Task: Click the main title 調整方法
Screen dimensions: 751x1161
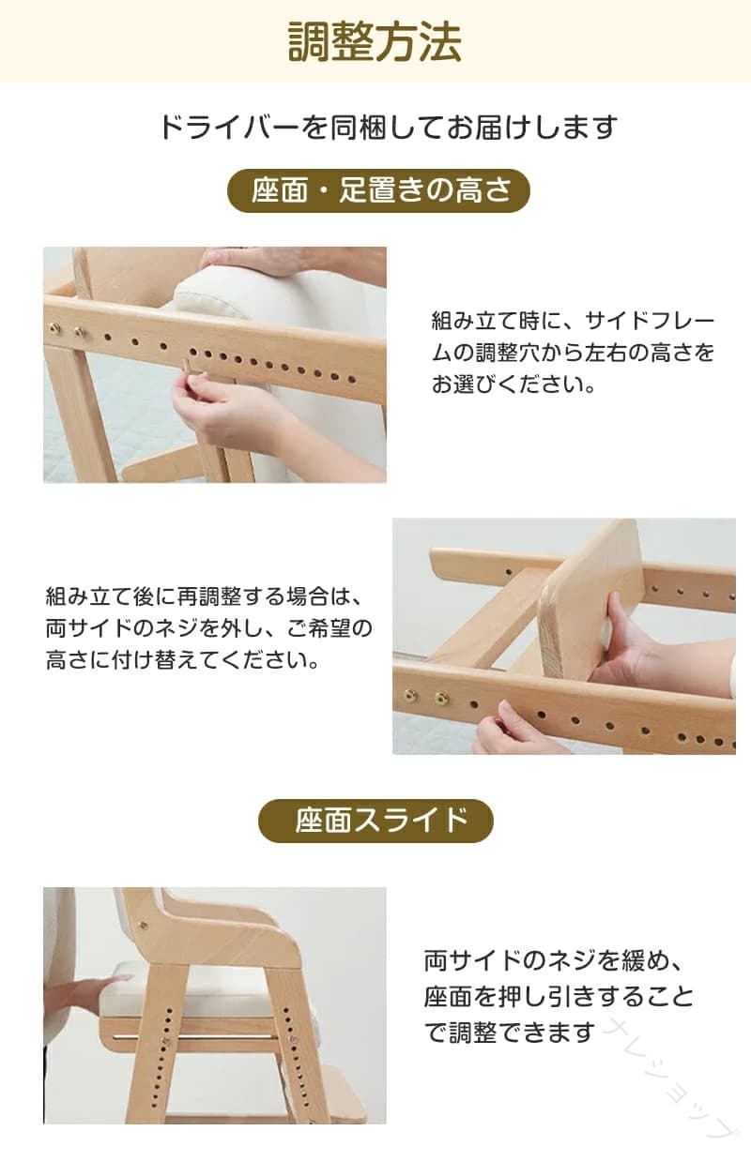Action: click(375, 41)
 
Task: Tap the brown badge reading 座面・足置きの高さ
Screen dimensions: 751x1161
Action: click(378, 190)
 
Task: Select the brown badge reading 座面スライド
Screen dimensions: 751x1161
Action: click(375, 821)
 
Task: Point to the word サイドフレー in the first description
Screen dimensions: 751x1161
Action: click(650, 322)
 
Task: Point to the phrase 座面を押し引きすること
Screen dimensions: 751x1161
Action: click(559, 996)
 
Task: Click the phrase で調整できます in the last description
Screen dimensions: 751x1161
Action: click(509, 1032)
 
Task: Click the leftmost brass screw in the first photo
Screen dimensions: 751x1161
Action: click(54, 327)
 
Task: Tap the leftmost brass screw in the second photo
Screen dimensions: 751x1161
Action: click(410, 695)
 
